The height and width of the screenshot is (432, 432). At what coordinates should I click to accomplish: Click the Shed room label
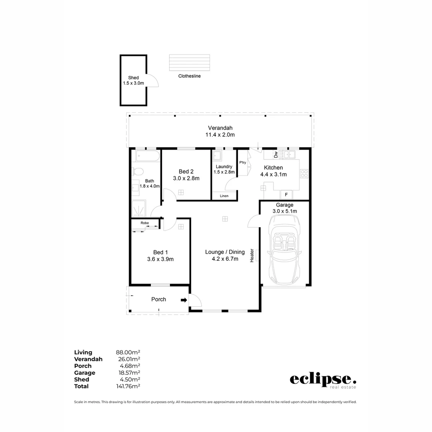[x=133, y=78]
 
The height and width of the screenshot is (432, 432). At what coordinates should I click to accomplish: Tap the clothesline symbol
[x=189, y=62]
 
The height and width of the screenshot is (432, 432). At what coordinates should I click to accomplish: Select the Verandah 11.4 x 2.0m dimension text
[x=220, y=135]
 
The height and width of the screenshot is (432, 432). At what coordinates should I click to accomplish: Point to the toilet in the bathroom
[x=138, y=172]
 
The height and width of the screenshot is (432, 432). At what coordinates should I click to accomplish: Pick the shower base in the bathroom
[x=140, y=208]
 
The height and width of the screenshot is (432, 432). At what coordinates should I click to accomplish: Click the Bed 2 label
[x=186, y=171]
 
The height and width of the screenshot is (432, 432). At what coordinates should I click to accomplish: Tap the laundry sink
[x=218, y=156]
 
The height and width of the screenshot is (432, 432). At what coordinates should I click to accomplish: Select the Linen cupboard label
[x=224, y=196]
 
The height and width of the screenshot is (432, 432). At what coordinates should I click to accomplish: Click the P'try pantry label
[x=242, y=162]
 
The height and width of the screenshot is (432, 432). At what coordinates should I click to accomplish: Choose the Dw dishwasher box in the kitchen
[x=276, y=154]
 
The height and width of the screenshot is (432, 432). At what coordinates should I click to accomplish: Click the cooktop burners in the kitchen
[x=304, y=174]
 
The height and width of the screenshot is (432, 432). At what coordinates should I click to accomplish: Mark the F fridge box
[x=286, y=195]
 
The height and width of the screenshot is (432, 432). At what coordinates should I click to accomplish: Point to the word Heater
[x=252, y=256]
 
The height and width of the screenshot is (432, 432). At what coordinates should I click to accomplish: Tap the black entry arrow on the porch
[x=184, y=300]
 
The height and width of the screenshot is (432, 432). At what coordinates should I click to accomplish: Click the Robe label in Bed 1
[x=144, y=223]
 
